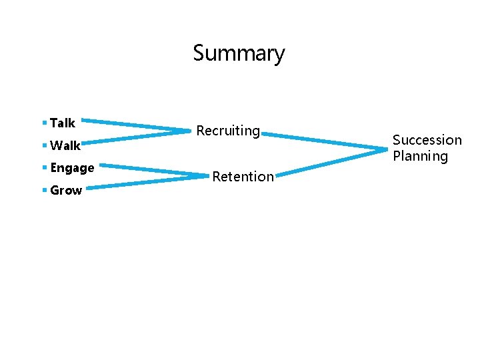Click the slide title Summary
[x=239, y=53]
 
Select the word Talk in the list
[x=63, y=123]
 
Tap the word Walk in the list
[x=65, y=145]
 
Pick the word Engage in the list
[x=72, y=168]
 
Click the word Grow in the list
[x=66, y=191]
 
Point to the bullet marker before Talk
[x=44, y=123]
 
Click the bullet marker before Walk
[x=44, y=145]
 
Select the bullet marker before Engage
[x=44, y=168]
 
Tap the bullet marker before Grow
[x=44, y=191]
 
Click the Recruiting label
[x=227, y=131]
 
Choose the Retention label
[x=243, y=177]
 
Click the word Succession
[x=427, y=140]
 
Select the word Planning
[x=420, y=156]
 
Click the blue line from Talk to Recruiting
[x=137, y=125]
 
